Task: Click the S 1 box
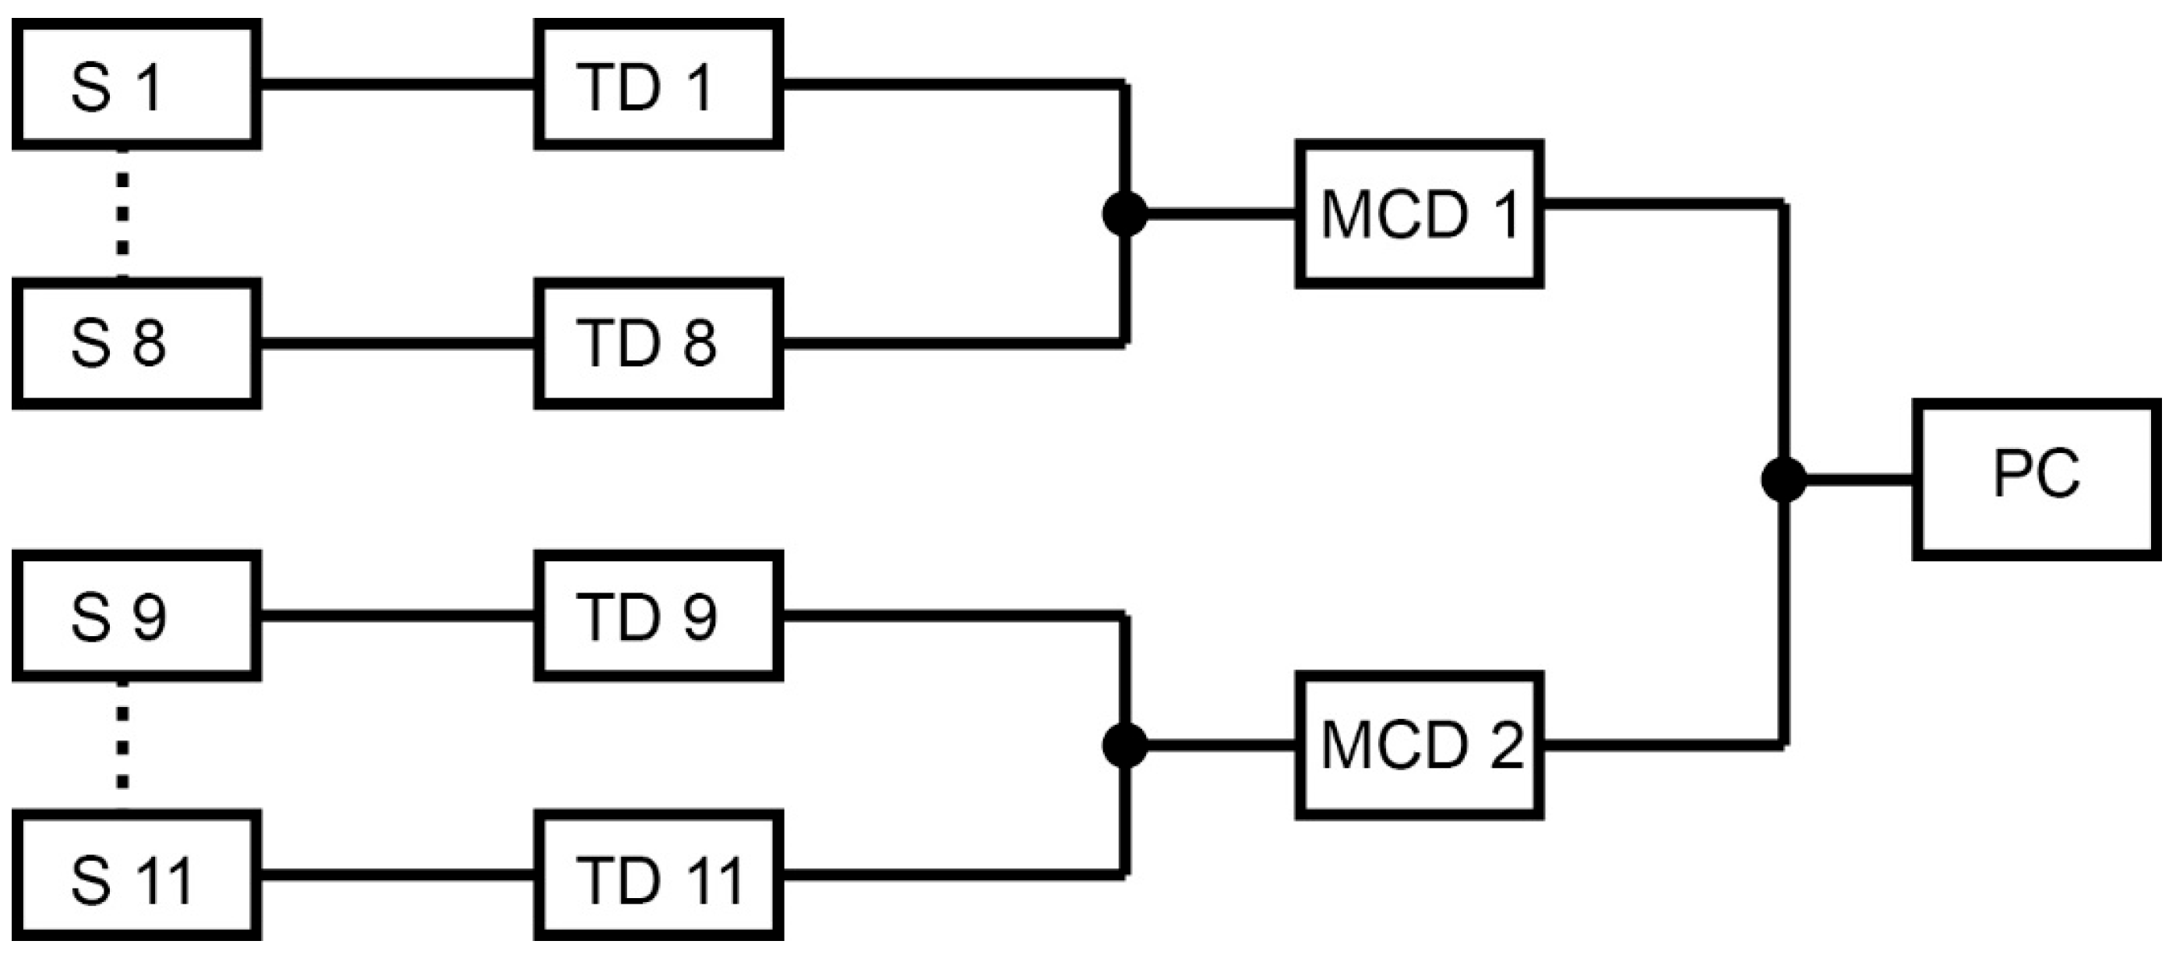tap(135, 85)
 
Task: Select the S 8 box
tap(135, 344)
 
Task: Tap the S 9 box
tap(135, 616)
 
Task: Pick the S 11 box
tap(135, 876)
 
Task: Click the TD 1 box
tap(658, 85)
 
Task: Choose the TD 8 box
tap(658, 344)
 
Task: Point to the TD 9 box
tap(658, 616)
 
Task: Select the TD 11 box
tap(658, 876)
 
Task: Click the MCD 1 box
tap(1420, 214)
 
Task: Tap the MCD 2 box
tap(1420, 745)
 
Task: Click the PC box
tap(2036, 480)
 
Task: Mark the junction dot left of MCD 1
tap(1125, 214)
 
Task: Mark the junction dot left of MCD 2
tap(1125, 745)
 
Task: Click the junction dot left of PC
tap(1783, 480)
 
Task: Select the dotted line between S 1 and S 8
tap(123, 214)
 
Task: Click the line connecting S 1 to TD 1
tap(397, 85)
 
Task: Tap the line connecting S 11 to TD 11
tap(397, 875)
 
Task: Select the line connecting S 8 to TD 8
tap(397, 344)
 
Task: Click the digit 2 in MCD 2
tap(1506, 745)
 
